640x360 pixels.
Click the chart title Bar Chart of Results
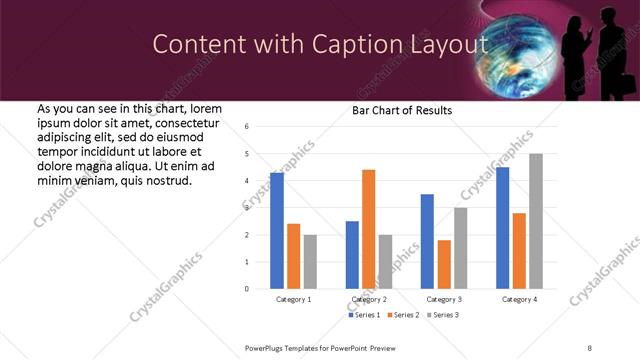click(401, 110)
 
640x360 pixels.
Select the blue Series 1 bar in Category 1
click(277, 231)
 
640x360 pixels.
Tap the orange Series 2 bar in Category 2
click(368, 229)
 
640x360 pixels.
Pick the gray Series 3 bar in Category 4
click(536, 221)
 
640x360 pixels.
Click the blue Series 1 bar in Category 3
click(427, 241)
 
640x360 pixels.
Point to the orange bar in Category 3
click(444, 264)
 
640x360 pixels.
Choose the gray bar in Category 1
click(310, 262)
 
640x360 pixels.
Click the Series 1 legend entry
click(363, 315)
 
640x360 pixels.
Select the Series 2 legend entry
click(401, 315)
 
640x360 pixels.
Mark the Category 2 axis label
click(368, 299)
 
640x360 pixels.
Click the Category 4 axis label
click(520, 299)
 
